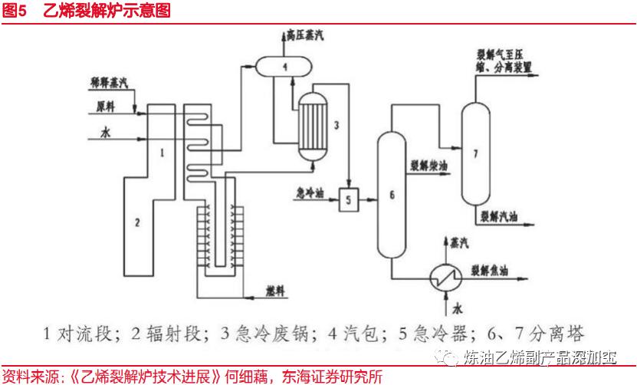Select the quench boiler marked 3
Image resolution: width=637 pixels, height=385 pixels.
pos(314,126)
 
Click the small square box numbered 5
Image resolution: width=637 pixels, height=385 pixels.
pos(347,200)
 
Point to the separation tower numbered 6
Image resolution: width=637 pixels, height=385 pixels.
pos(392,195)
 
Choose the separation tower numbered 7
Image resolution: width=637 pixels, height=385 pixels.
pos(475,153)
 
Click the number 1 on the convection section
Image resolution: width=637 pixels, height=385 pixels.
pos(162,153)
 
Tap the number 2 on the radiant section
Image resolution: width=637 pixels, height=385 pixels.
pos(137,223)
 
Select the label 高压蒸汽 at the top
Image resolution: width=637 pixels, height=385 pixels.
pos(304,35)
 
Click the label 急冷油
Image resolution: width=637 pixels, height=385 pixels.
pos(310,193)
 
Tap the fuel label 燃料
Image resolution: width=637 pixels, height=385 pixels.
pos(274,292)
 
